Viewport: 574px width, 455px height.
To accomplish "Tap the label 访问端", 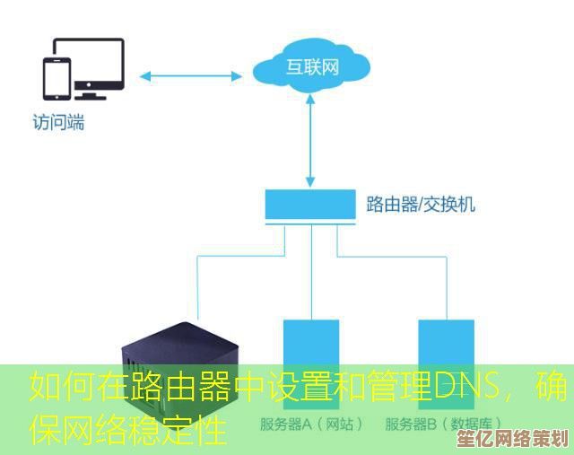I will pos(58,123).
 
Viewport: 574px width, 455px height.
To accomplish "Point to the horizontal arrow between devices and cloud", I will pos(194,74).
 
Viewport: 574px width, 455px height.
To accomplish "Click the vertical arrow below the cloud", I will pos(311,143).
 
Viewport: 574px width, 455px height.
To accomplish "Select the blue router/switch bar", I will pos(311,206).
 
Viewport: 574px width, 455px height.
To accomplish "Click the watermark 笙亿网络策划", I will pos(528,439).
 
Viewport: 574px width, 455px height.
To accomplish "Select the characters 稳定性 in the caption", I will pos(193,431).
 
